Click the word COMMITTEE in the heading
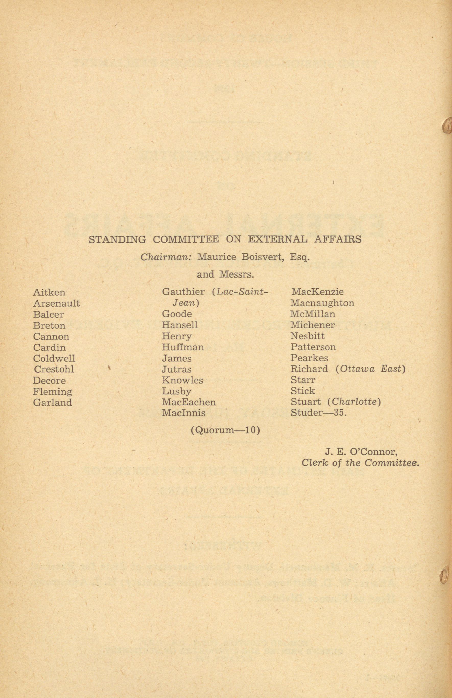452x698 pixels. [x=186, y=239]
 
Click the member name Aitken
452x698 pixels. [x=49, y=292]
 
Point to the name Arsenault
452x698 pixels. [x=56, y=303]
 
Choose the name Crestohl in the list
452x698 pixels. [x=54, y=369]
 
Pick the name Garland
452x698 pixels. [x=52, y=402]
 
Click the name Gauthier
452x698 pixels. [x=183, y=292]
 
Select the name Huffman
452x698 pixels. [x=183, y=347]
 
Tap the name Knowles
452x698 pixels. [x=182, y=380]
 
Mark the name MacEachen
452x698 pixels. [x=189, y=402]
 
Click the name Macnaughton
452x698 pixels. [x=322, y=303]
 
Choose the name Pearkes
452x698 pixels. [x=309, y=358]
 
